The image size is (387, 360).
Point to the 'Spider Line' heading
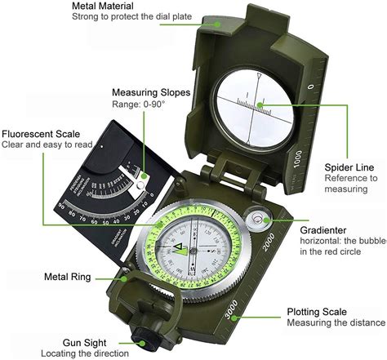pos(349,166)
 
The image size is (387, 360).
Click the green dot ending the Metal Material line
pos(216,23)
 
